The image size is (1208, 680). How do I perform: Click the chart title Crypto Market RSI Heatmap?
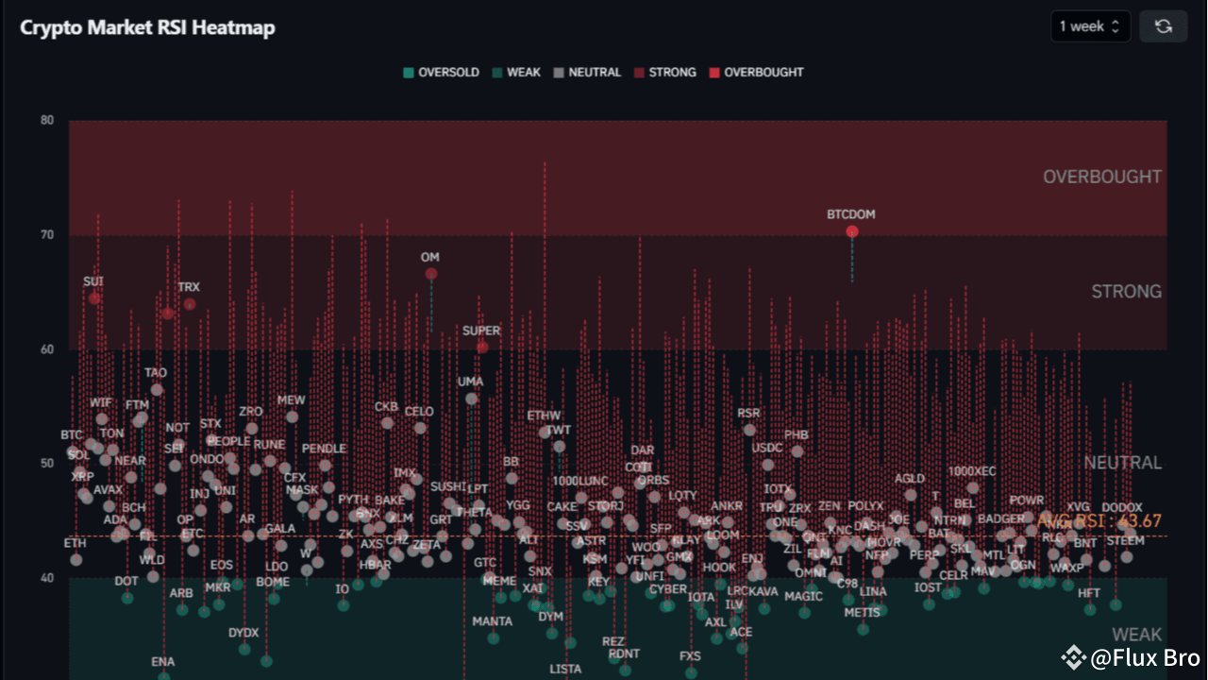pyautogui.click(x=147, y=27)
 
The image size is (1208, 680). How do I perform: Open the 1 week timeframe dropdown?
pyautogui.click(x=1090, y=26)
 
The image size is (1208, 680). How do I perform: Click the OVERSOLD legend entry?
pyautogui.click(x=442, y=73)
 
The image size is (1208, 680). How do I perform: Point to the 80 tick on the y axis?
pyautogui.click(x=47, y=121)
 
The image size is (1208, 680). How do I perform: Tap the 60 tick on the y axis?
pyautogui.click(x=47, y=349)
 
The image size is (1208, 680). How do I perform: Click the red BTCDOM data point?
pyautogui.click(x=852, y=231)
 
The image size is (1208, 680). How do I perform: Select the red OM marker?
pyautogui.click(x=431, y=274)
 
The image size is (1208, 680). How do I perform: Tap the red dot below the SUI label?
pyautogui.click(x=94, y=298)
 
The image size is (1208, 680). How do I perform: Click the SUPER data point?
pyautogui.click(x=482, y=348)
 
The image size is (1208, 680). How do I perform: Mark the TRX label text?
pyautogui.click(x=189, y=287)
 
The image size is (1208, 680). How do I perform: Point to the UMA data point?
pyautogui.click(x=471, y=399)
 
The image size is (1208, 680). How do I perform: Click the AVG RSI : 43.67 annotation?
pyautogui.click(x=1099, y=521)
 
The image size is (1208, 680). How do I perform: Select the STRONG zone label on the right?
pyautogui.click(x=1126, y=291)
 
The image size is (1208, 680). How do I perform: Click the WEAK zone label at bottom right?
pyautogui.click(x=1136, y=635)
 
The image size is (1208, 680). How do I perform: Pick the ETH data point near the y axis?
pyautogui.click(x=75, y=560)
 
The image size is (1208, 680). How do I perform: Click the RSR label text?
pyautogui.click(x=748, y=413)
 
